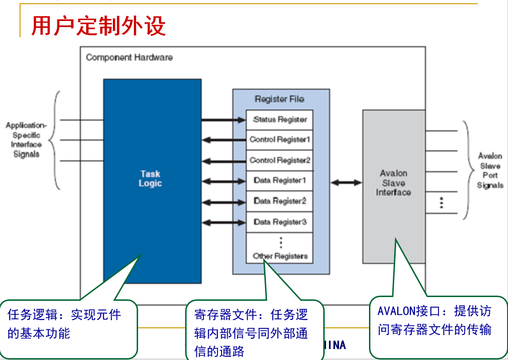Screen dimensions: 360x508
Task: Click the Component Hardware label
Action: pyautogui.click(x=129, y=57)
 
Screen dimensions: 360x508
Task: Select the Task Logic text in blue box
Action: pyautogui.click(x=150, y=179)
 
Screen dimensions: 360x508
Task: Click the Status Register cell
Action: pyautogui.click(x=280, y=119)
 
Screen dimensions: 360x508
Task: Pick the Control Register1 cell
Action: pyautogui.click(x=280, y=139)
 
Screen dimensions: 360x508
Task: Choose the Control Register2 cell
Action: pyautogui.click(x=280, y=160)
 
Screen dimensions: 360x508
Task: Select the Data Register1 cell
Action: pyautogui.click(x=280, y=180)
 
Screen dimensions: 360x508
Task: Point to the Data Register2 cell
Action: pyautogui.click(x=280, y=201)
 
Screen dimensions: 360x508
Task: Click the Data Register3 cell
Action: pyautogui.click(x=280, y=222)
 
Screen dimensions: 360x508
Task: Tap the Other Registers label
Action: pyautogui.click(x=280, y=256)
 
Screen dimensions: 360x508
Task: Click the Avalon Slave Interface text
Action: pyautogui.click(x=393, y=183)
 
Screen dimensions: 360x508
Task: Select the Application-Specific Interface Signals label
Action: pyautogui.click(x=26, y=139)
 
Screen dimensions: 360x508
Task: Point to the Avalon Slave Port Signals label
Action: pyautogui.click(x=490, y=171)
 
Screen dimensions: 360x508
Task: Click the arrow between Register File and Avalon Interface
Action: pyautogui.click(x=346, y=182)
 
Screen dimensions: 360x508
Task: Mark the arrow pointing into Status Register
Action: pyautogui.click(x=223, y=120)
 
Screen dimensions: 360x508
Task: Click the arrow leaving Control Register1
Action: pyautogui.click(x=223, y=140)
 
